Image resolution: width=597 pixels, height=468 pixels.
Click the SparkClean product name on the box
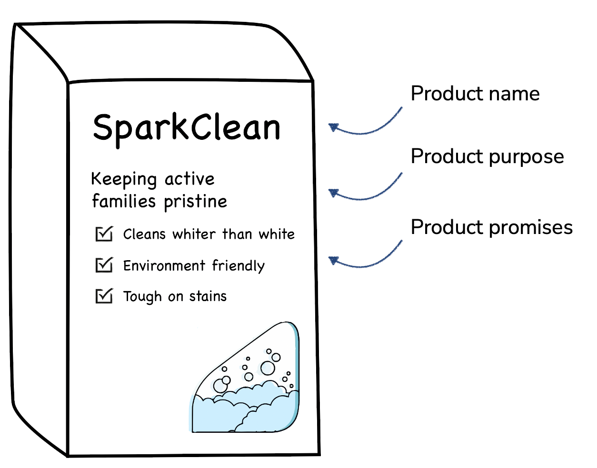(187, 127)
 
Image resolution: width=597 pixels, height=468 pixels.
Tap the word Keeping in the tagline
(124, 179)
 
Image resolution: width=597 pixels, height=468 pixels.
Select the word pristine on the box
(195, 202)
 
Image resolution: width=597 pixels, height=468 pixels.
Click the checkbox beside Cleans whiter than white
(104, 234)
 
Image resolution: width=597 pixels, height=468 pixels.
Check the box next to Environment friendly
(104, 265)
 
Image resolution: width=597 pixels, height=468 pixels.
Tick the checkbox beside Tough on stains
(104, 296)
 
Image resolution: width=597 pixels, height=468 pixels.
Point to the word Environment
(164, 265)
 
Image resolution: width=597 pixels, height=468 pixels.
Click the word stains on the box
(208, 296)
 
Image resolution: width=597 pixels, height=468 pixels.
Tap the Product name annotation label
(475, 94)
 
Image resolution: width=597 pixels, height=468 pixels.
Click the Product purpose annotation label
(487, 156)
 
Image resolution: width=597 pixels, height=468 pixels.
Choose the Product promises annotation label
(491, 227)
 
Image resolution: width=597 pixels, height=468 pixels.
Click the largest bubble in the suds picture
(268, 368)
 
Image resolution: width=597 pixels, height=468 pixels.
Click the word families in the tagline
(124, 201)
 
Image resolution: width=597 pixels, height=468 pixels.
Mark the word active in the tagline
(189, 179)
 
